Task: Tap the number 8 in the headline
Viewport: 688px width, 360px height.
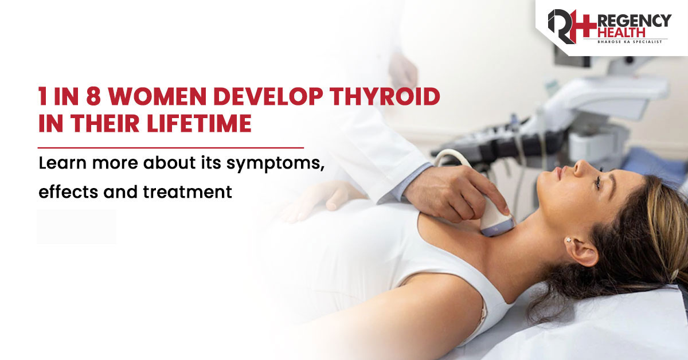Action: click(x=93, y=96)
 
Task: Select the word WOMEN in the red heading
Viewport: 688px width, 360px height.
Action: click(x=157, y=96)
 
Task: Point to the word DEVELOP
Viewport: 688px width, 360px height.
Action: click(x=268, y=96)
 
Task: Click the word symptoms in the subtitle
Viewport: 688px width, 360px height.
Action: click(x=275, y=164)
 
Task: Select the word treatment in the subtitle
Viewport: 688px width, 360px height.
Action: click(x=187, y=191)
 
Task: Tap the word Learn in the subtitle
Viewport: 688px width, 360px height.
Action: click(x=62, y=162)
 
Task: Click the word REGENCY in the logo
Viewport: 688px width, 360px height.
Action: click(x=634, y=21)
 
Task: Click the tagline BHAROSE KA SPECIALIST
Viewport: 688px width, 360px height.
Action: click(x=630, y=41)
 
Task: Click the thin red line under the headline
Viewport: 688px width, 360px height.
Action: click(x=171, y=148)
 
